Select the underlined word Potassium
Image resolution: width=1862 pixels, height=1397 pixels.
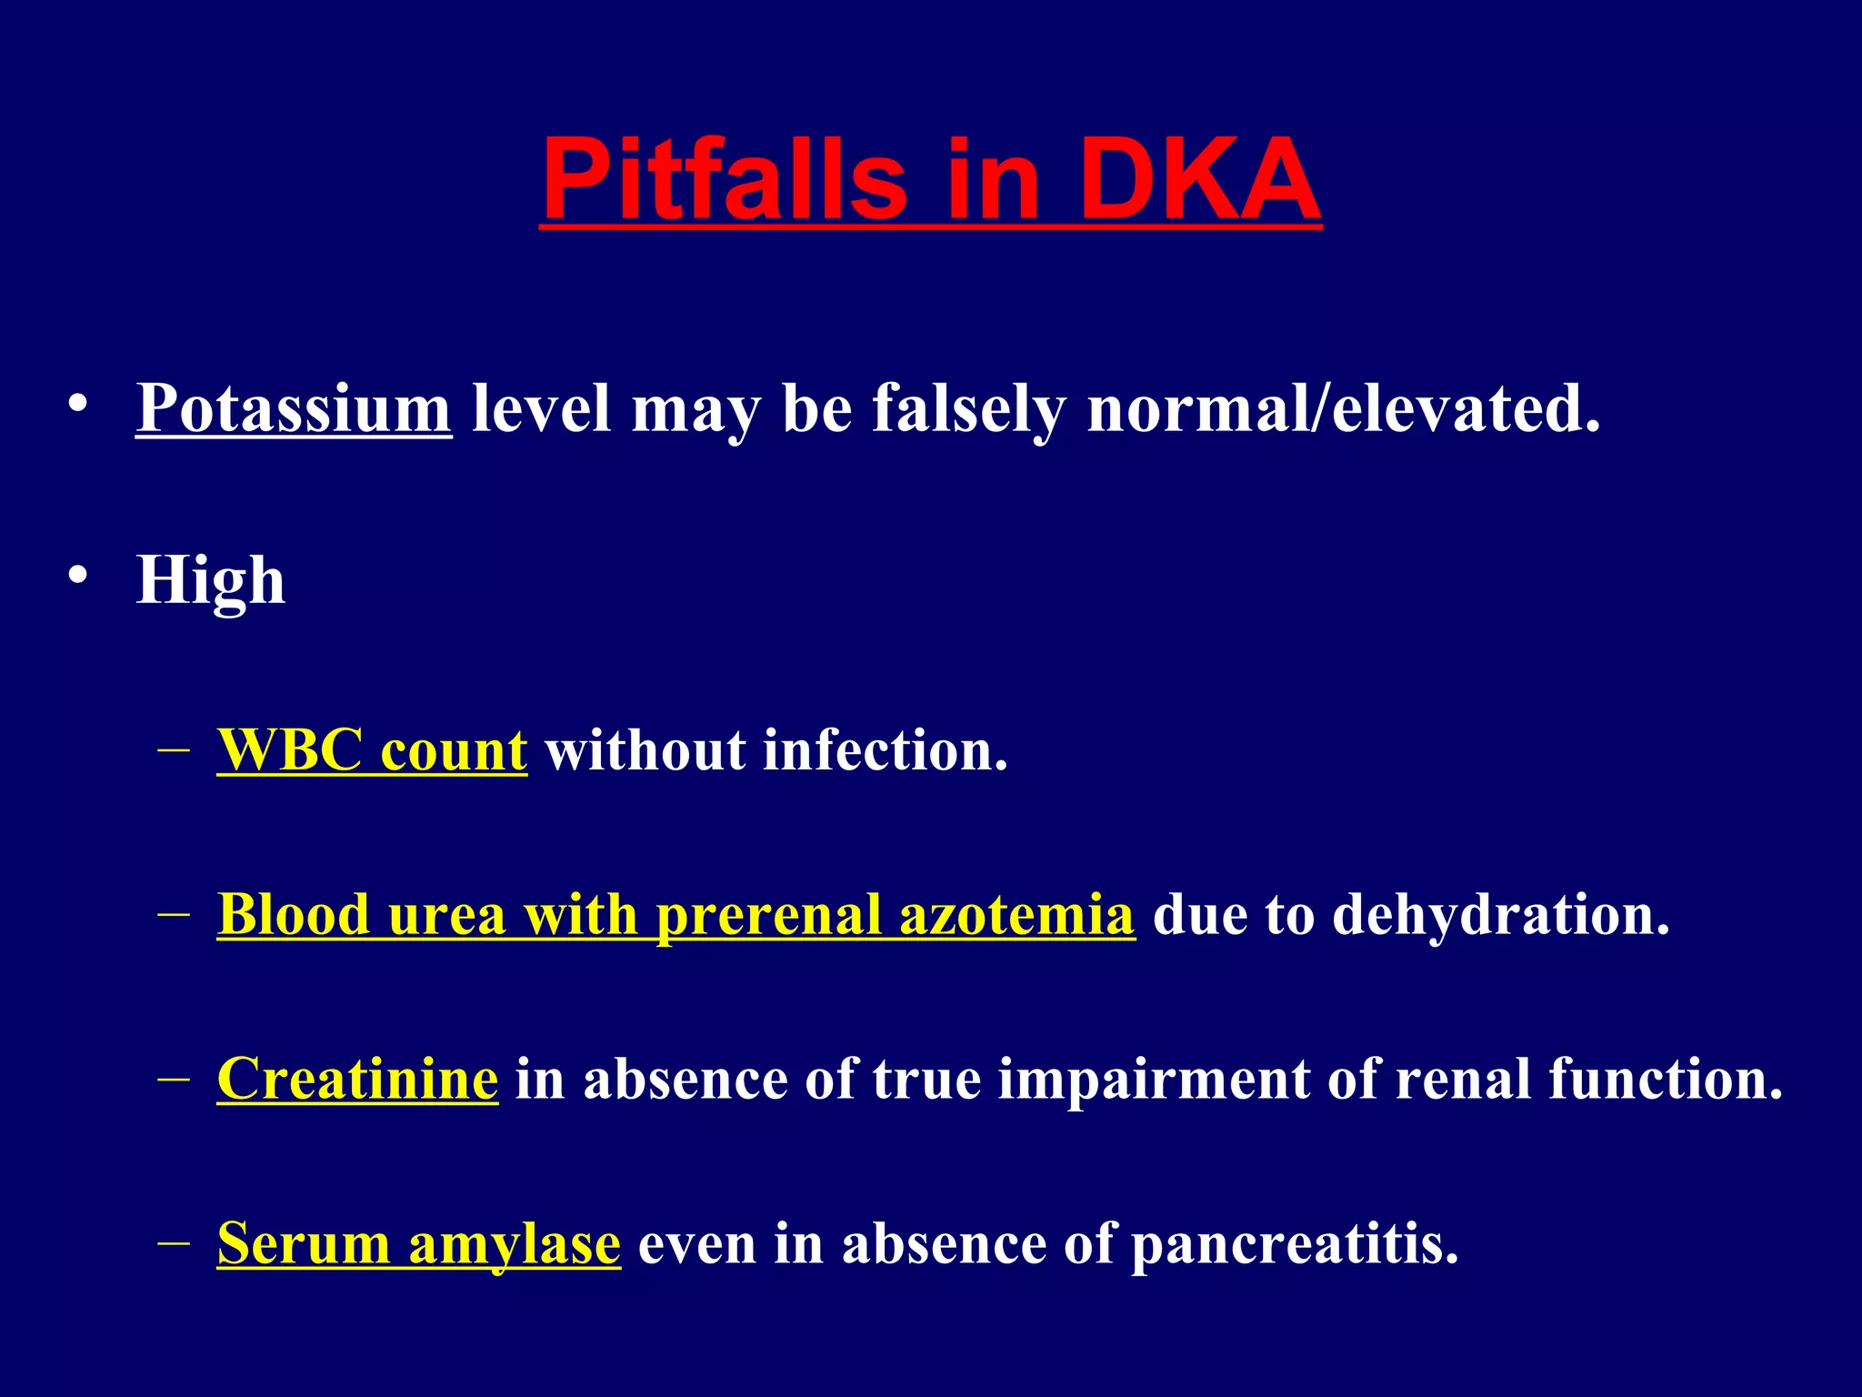[294, 408]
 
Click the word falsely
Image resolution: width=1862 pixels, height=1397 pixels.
[968, 408]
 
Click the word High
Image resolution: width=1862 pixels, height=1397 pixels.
[211, 580]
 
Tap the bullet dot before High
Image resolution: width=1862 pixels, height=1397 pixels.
[78, 575]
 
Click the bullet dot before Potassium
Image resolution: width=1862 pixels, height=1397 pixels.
[78, 402]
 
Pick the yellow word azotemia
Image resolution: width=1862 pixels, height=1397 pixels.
[1016, 914]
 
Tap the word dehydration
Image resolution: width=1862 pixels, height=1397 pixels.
[1501, 914]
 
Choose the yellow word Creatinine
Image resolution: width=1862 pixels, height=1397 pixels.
[357, 1079]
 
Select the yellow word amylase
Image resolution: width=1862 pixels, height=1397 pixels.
[515, 1243]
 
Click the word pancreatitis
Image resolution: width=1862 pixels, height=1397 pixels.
[1295, 1243]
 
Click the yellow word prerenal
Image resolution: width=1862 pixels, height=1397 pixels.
[768, 914]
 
